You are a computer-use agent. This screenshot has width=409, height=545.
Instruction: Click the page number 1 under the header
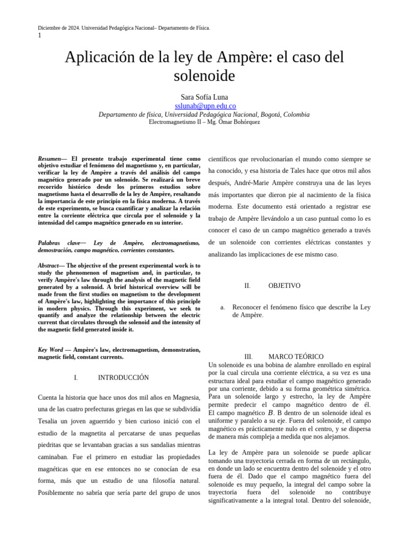click(39, 35)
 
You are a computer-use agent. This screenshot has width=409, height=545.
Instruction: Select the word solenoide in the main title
click(204, 76)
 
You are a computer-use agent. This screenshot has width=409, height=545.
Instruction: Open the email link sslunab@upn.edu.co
click(205, 106)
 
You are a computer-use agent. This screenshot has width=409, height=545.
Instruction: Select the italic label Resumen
click(49, 159)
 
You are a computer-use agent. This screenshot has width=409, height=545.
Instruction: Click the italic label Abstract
click(48, 266)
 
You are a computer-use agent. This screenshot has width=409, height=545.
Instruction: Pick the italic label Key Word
click(50, 350)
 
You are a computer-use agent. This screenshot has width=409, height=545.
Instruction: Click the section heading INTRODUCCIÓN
click(123, 377)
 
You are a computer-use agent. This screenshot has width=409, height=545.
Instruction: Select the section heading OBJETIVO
click(284, 286)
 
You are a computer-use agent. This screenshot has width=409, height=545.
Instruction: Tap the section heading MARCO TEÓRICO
click(296, 357)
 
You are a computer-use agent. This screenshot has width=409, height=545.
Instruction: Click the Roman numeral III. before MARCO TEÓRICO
click(248, 357)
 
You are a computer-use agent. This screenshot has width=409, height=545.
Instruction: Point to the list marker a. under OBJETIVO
click(223, 308)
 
